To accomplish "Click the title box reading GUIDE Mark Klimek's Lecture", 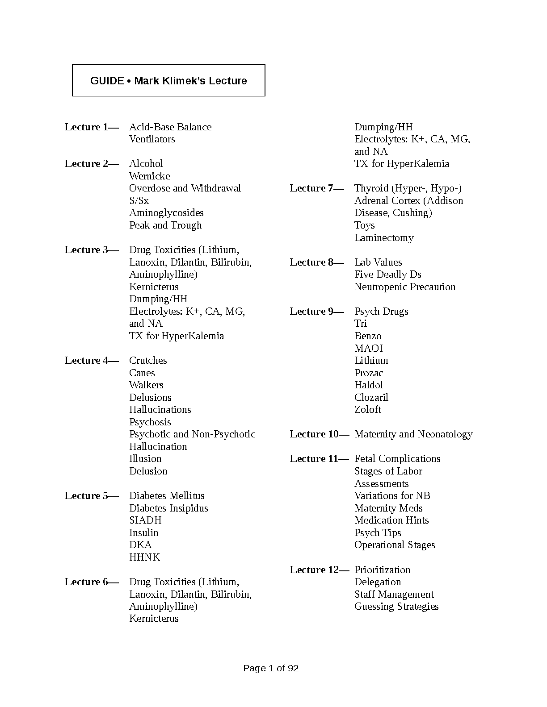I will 168,81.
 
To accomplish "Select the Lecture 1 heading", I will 91,127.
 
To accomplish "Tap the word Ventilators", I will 152,139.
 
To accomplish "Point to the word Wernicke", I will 150,176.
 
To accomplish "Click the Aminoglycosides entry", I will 166,213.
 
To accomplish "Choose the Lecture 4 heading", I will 91,361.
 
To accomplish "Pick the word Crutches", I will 148,361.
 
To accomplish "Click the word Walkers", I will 146,385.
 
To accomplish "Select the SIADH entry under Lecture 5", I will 145,520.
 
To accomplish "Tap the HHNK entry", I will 144,557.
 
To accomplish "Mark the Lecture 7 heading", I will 316,188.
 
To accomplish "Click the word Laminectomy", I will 384,238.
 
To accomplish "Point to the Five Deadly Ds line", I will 387,274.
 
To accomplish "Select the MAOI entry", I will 369,349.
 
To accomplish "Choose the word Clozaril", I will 371,398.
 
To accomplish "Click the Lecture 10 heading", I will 319,434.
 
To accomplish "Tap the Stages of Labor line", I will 388,471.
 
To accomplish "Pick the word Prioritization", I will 382,570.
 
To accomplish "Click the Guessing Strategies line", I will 396,607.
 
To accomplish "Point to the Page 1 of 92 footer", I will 271,668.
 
